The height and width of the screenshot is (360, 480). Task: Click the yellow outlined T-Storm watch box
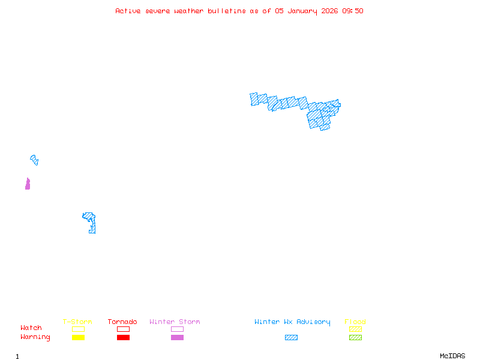point(78,329)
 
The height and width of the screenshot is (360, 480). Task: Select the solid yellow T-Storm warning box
point(78,338)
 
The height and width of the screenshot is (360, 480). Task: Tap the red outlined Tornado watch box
point(123,329)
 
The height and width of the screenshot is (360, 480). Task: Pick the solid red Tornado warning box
point(123,338)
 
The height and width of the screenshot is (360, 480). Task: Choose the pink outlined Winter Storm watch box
point(177,329)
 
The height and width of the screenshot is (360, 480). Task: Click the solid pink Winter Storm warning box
point(177,338)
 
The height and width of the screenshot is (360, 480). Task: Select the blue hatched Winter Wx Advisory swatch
point(291,338)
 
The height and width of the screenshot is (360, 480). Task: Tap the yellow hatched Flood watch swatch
point(355,329)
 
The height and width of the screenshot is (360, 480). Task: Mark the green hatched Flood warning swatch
point(355,338)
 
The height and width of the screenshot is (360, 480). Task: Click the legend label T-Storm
point(77,322)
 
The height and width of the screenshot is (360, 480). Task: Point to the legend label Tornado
point(122,322)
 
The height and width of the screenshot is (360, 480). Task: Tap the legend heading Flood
point(355,322)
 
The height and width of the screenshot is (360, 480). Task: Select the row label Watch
point(31,328)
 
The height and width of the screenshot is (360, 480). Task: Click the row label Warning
point(35,337)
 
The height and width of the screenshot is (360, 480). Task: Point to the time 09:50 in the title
point(353,11)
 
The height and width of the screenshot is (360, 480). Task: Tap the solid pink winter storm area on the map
point(28,184)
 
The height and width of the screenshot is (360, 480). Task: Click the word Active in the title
point(128,11)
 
